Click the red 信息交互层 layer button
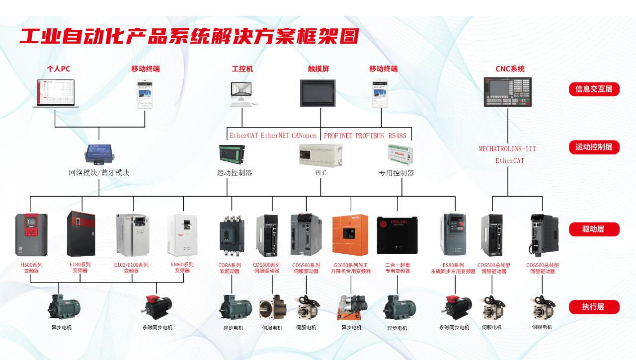(594, 89)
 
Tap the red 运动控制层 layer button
(594, 147)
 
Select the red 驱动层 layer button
(594, 229)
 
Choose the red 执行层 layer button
(594, 307)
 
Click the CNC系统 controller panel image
(508, 92)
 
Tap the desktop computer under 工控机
(242, 94)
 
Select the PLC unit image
(320, 155)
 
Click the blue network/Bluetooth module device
(100, 153)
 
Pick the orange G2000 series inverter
(350, 235)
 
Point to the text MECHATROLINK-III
(507, 149)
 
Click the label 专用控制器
(397, 173)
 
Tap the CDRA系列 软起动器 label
(230, 268)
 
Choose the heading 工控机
(242, 69)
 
